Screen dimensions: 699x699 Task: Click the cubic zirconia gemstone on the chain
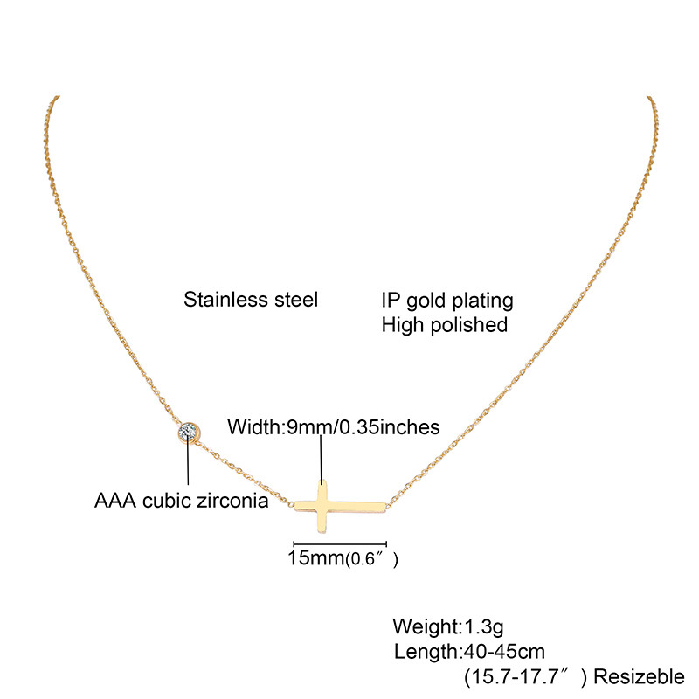190,432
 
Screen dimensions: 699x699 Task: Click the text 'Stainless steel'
251,301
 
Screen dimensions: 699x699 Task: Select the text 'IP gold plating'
447,301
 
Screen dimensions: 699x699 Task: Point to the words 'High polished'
445,325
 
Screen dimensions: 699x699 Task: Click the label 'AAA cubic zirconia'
181,502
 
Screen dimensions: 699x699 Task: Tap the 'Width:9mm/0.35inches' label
333,427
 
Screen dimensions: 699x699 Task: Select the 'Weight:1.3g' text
448,626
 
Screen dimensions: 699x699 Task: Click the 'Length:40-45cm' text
469,651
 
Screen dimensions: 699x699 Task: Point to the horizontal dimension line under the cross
339,543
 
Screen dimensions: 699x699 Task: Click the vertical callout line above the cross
322,460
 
